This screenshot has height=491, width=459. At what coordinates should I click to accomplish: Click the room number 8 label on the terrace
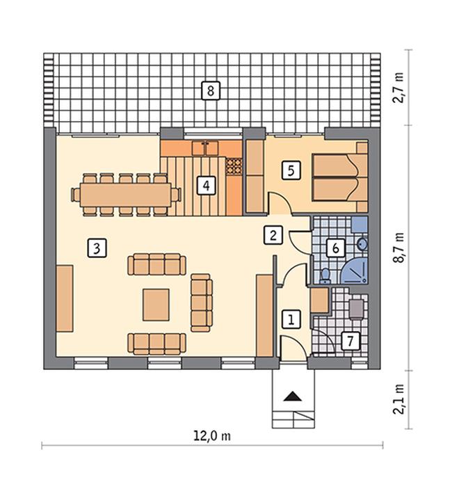tap(211, 91)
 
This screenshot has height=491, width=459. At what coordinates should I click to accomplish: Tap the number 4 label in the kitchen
tap(206, 186)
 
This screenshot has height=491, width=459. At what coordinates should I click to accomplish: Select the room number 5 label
tap(291, 170)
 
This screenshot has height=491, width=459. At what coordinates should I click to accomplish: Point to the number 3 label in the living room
tap(97, 248)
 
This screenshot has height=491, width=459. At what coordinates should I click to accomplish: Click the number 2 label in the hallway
tap(273, 235)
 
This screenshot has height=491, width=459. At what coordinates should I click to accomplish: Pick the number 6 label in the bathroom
tap(335, 248)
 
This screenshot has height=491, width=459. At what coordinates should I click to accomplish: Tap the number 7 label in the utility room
tap(351, 341)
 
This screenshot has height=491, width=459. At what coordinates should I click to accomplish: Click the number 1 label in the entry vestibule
tap(291, 320)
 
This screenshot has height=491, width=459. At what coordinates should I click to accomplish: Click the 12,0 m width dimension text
tap(212, 435)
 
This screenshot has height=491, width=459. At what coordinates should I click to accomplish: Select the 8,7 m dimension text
tap(398, 248)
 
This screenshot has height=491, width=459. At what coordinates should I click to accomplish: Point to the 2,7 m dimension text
tap(398, 88)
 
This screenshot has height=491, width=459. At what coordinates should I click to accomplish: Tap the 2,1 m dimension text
tap(398, 399)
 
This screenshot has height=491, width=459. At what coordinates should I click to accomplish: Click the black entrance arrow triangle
tap(293, 396)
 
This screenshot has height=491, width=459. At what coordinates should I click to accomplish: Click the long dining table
tap(126, 195)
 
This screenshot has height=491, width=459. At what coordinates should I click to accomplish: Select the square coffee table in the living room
tap(156, 305)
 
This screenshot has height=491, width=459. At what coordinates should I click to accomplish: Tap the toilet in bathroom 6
tap(325, 276)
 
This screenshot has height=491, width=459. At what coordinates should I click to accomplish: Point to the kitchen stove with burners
tap(234, 166)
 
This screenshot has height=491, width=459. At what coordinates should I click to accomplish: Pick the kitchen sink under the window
tap(205, 148)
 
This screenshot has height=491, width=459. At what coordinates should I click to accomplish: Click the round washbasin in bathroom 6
tap(362, 243)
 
